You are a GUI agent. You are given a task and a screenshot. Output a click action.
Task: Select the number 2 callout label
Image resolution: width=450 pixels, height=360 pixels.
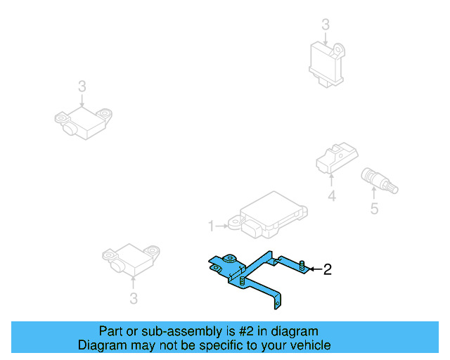pyautogui.click(x=326, y=269)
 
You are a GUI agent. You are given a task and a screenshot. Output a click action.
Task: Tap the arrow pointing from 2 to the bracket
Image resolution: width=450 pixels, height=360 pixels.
pyautogui.click(x=314, y=269)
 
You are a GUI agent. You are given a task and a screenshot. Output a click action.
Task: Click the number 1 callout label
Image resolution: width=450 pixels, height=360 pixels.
pyautogui.click(x=210, y=226)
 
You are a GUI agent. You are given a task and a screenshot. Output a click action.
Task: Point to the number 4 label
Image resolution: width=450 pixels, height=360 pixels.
pyautogui.click(x=332, y=198)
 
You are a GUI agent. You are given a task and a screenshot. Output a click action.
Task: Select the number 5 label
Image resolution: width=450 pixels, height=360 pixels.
pyautogui.click(x=374, y=208)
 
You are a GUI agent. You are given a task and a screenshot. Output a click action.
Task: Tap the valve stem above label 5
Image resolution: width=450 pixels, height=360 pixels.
pyautogui.click(x=378, y=180)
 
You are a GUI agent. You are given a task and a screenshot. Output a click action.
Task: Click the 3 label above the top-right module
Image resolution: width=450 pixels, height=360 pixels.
pyautogui.click(x=325, y=25)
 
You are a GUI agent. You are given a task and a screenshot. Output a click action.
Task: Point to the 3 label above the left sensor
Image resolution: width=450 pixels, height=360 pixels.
pyautogui.click(x=82, y=86)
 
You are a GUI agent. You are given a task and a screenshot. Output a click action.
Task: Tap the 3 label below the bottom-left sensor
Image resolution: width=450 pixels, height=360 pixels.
pyautogui.click(x=134, y=300)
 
